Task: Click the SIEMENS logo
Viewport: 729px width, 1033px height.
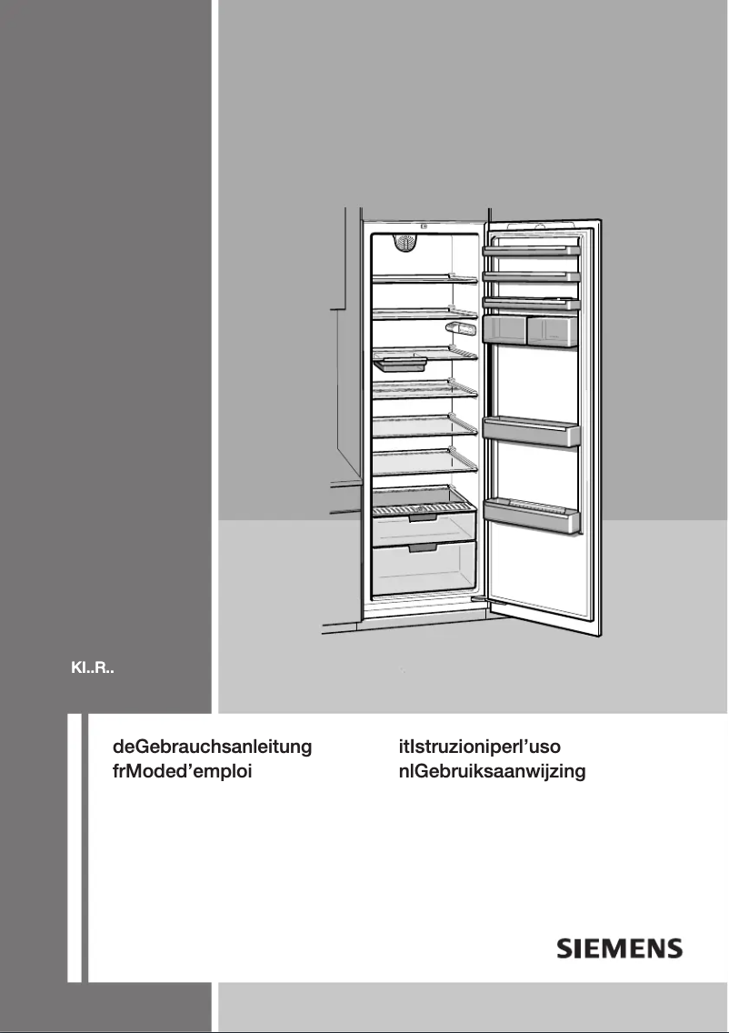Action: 619,948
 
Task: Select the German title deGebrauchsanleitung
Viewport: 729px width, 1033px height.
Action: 212,747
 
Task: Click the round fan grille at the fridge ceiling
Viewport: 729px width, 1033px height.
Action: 405,243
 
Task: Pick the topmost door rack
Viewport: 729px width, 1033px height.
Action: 532,249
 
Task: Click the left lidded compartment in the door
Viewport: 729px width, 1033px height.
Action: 506,328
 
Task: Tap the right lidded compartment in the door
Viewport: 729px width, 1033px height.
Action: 553,328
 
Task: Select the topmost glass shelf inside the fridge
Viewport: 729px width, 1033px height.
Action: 424,279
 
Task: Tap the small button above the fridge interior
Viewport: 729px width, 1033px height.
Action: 424,228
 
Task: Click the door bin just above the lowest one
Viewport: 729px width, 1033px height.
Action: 532,431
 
